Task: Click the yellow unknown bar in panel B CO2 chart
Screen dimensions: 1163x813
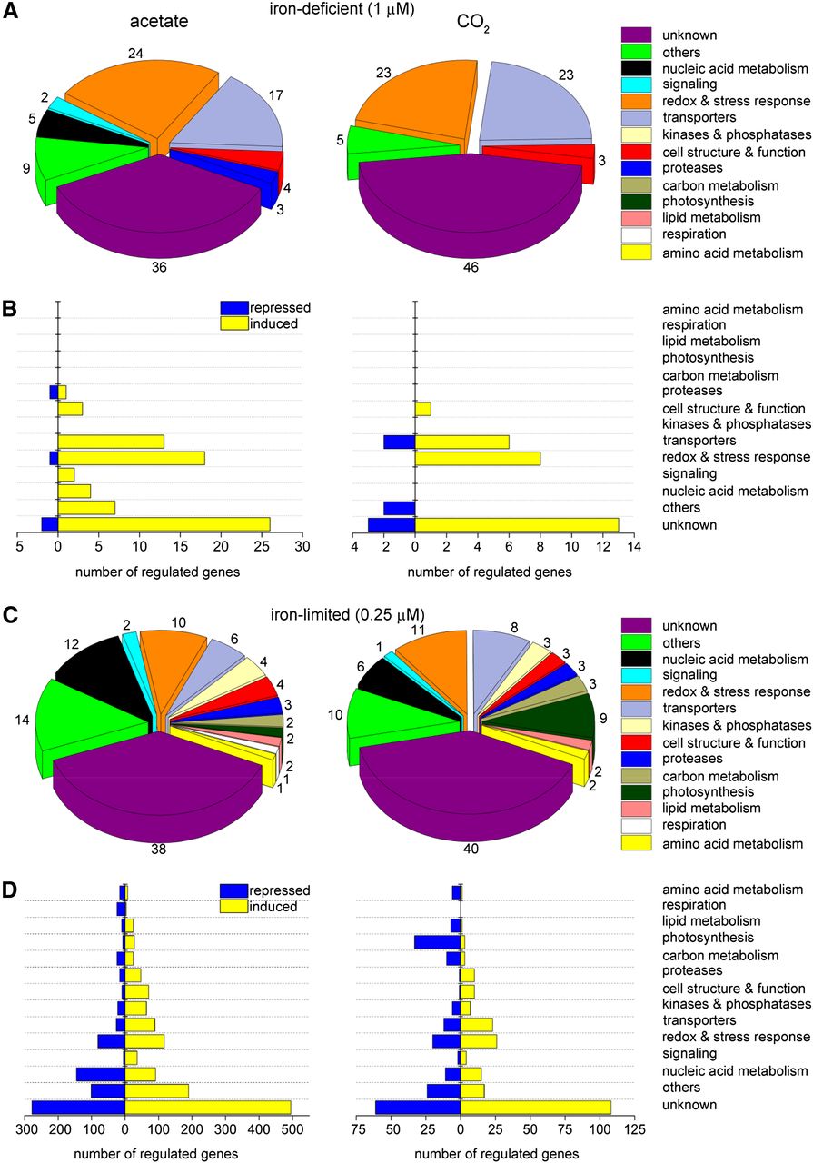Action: pyautogui.click(x=517, y=524)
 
